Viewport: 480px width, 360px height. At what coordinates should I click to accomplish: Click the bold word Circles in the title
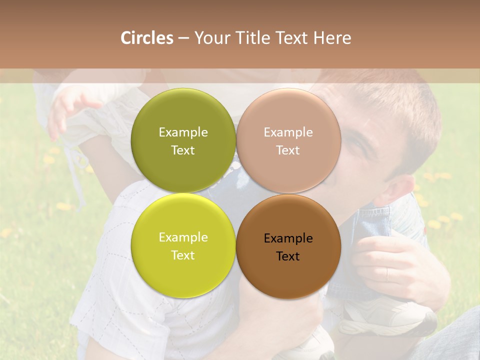(x=146, y=38)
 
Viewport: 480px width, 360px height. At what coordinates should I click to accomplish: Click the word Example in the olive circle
(x=183, y=132)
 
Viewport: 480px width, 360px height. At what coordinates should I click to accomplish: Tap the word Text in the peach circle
(x=288, y=150)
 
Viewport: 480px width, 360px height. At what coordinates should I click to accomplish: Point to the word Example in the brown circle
(x=288, y=238)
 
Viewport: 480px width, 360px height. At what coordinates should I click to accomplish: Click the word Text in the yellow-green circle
(x=183, y=255)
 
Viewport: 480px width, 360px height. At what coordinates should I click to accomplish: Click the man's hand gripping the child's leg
(x=395, y=265)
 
